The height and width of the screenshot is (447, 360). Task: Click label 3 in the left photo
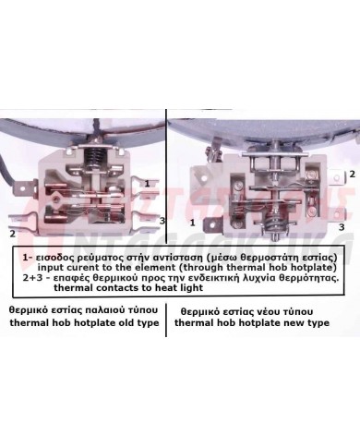(x=162, y=222)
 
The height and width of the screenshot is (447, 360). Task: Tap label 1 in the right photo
(x=192, y=223)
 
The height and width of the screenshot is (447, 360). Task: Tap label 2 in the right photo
(x=352, y=174)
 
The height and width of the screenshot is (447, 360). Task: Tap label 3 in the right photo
(x=342, y=225)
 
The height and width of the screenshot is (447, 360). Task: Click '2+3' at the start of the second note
(x=34, y=277)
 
